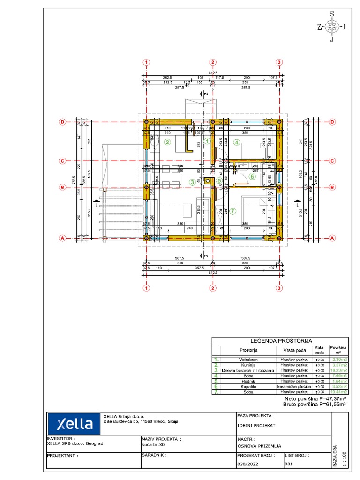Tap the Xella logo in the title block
(x=75, y=424)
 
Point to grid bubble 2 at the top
(x=213, y=62)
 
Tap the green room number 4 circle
(x=237, y=142)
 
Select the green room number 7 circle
(x=233, y=210)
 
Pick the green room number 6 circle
(x=252, y=177)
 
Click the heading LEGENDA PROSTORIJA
(x=280, y=341)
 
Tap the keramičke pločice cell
(x=294, y=387)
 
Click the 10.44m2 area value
(x=339, y=392)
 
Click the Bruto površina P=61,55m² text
(x=315, y=404)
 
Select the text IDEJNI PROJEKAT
(x=256, y=426)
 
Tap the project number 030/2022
(x=248, y=464)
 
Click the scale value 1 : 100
(x=345, y=459)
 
